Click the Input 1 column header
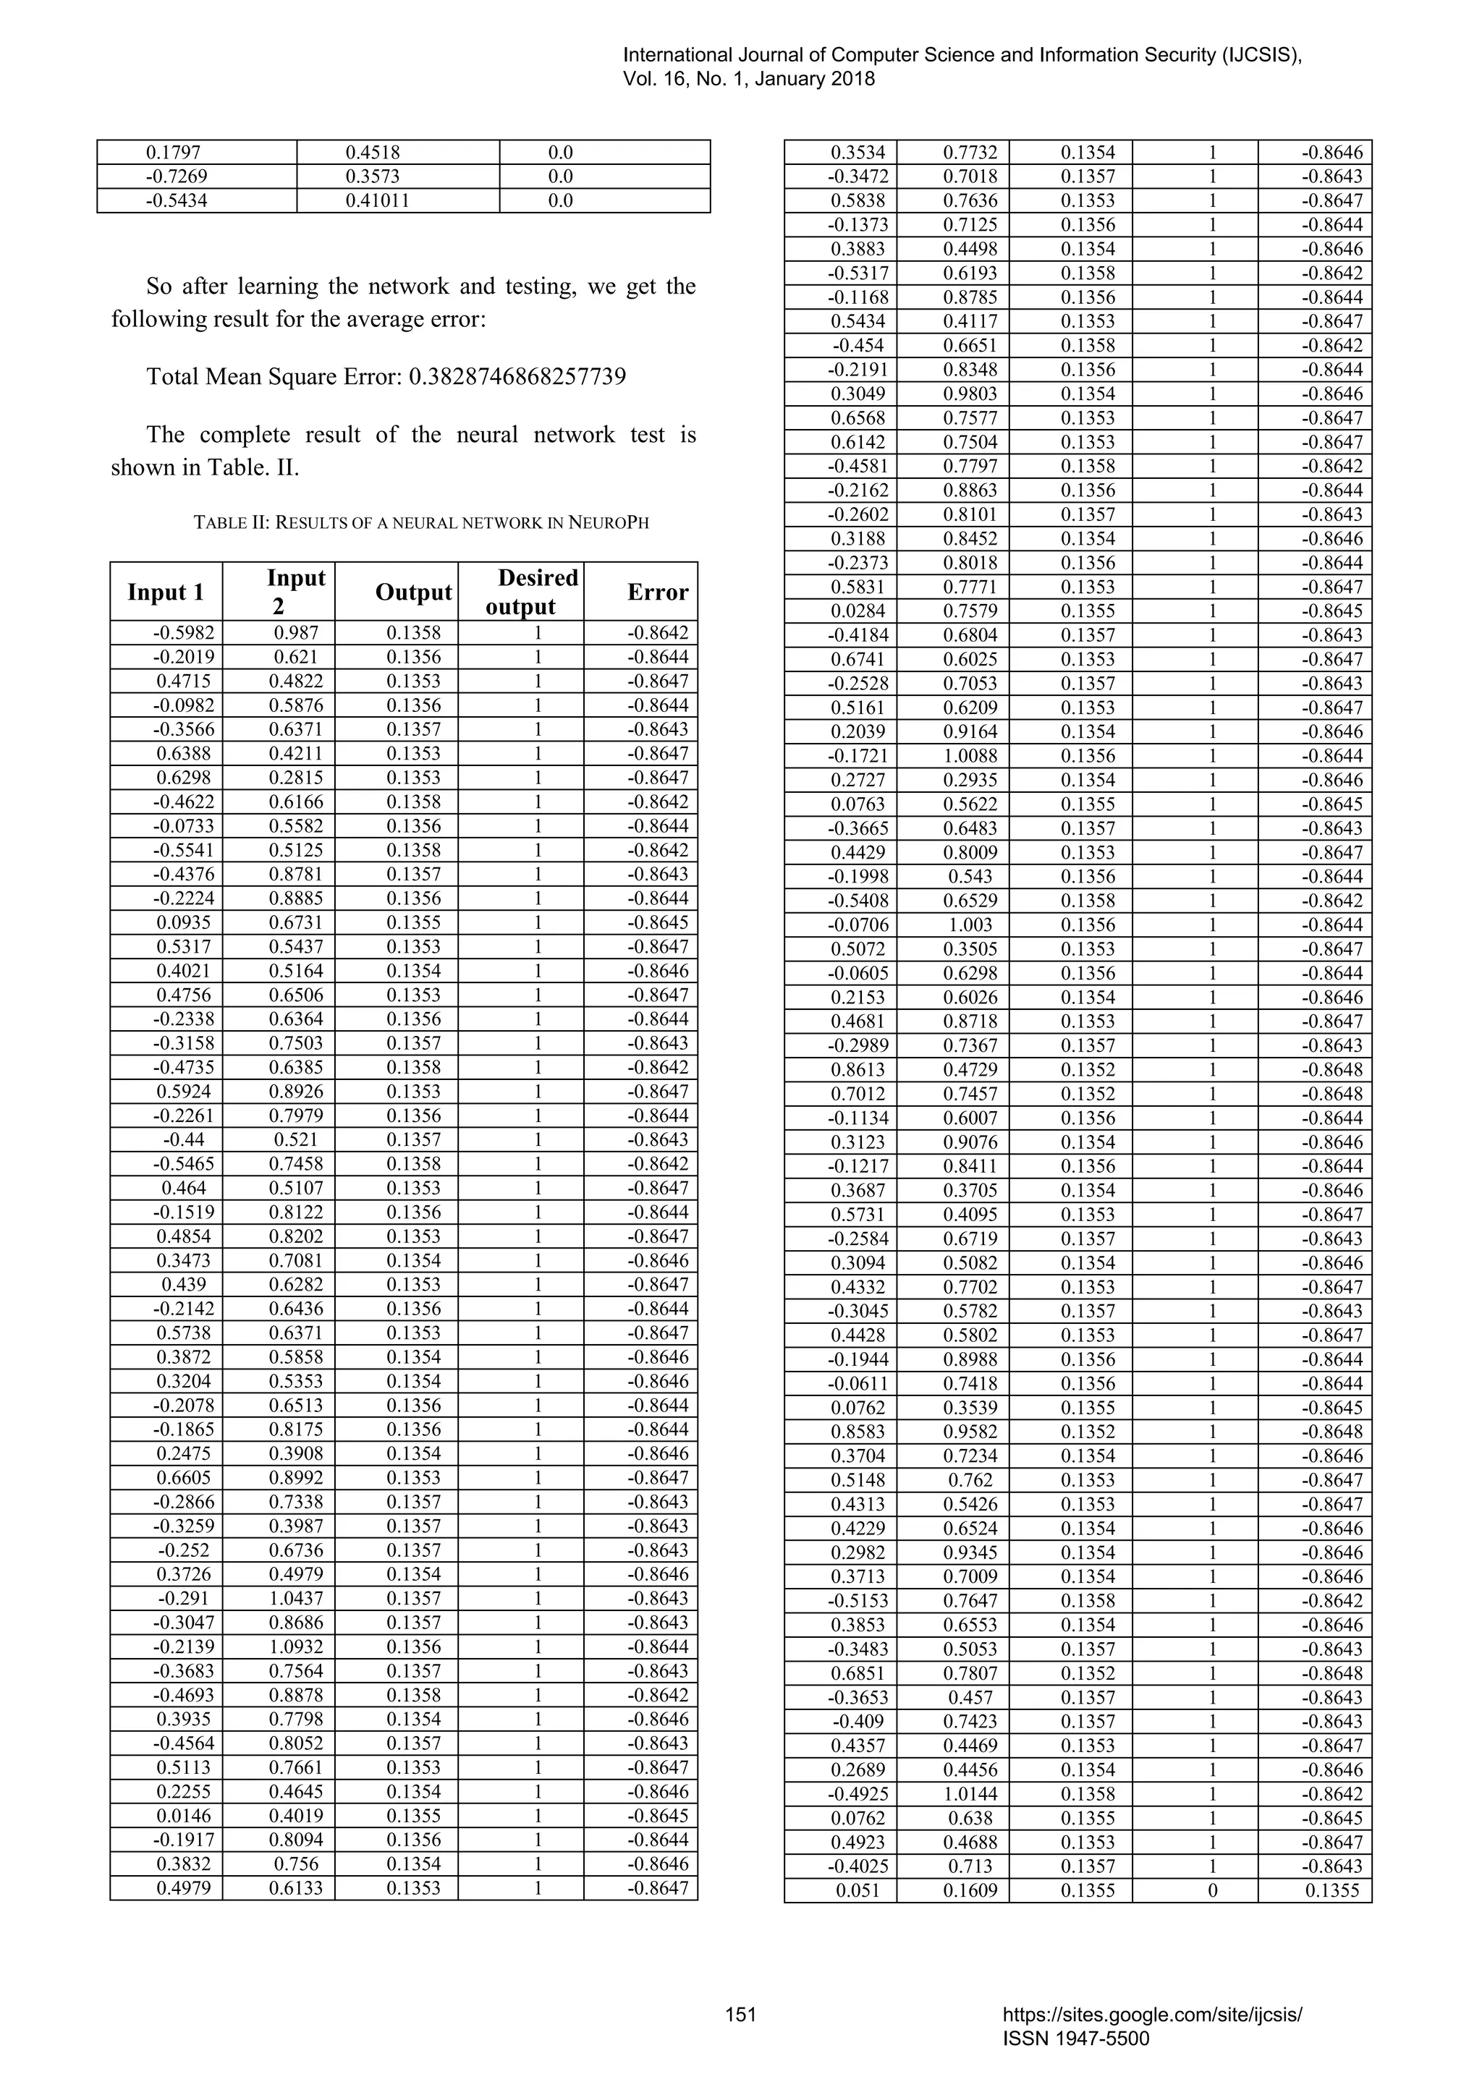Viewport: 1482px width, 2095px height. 165,592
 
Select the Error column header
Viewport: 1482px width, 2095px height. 657,592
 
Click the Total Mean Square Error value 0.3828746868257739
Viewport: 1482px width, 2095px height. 517,377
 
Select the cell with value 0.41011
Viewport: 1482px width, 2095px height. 378,200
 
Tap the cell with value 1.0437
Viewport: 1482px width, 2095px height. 296,1599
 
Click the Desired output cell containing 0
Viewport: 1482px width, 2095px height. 1213,1890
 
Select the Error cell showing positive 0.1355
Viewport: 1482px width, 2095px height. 1332,1890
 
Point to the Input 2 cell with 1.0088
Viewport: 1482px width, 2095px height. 970,755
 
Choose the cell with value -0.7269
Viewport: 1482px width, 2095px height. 176,176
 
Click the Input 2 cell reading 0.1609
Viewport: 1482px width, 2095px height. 970,1890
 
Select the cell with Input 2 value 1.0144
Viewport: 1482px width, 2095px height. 970,1794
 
